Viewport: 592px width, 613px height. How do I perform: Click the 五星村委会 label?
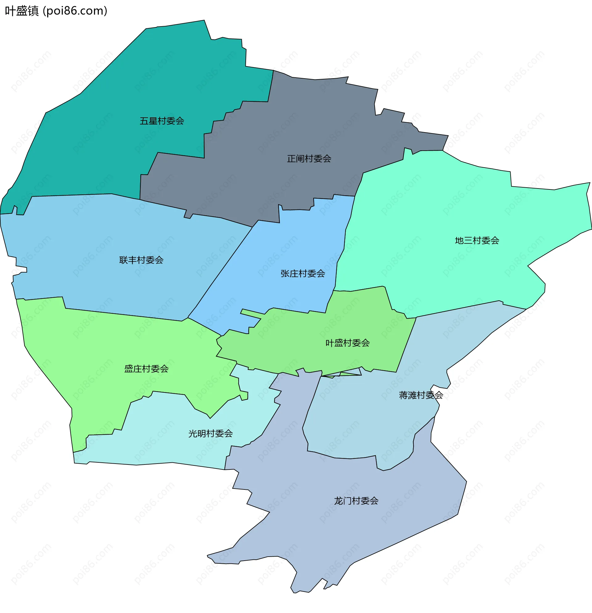coord(162,121)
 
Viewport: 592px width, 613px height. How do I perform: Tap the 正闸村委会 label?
coord(309,159)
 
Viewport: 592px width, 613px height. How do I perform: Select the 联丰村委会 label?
coord(141,260)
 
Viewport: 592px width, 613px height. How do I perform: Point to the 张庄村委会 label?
coord(302,274)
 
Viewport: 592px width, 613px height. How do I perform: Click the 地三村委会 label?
coord(477,241)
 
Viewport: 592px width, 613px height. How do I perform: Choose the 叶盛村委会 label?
coord(347,343)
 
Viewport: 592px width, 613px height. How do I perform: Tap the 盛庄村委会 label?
coord(146,369)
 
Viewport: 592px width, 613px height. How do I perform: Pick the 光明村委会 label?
coord(210,434)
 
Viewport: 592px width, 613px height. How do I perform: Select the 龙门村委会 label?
coord(356,501)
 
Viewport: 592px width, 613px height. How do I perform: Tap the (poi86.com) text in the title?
coord(75,11)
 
